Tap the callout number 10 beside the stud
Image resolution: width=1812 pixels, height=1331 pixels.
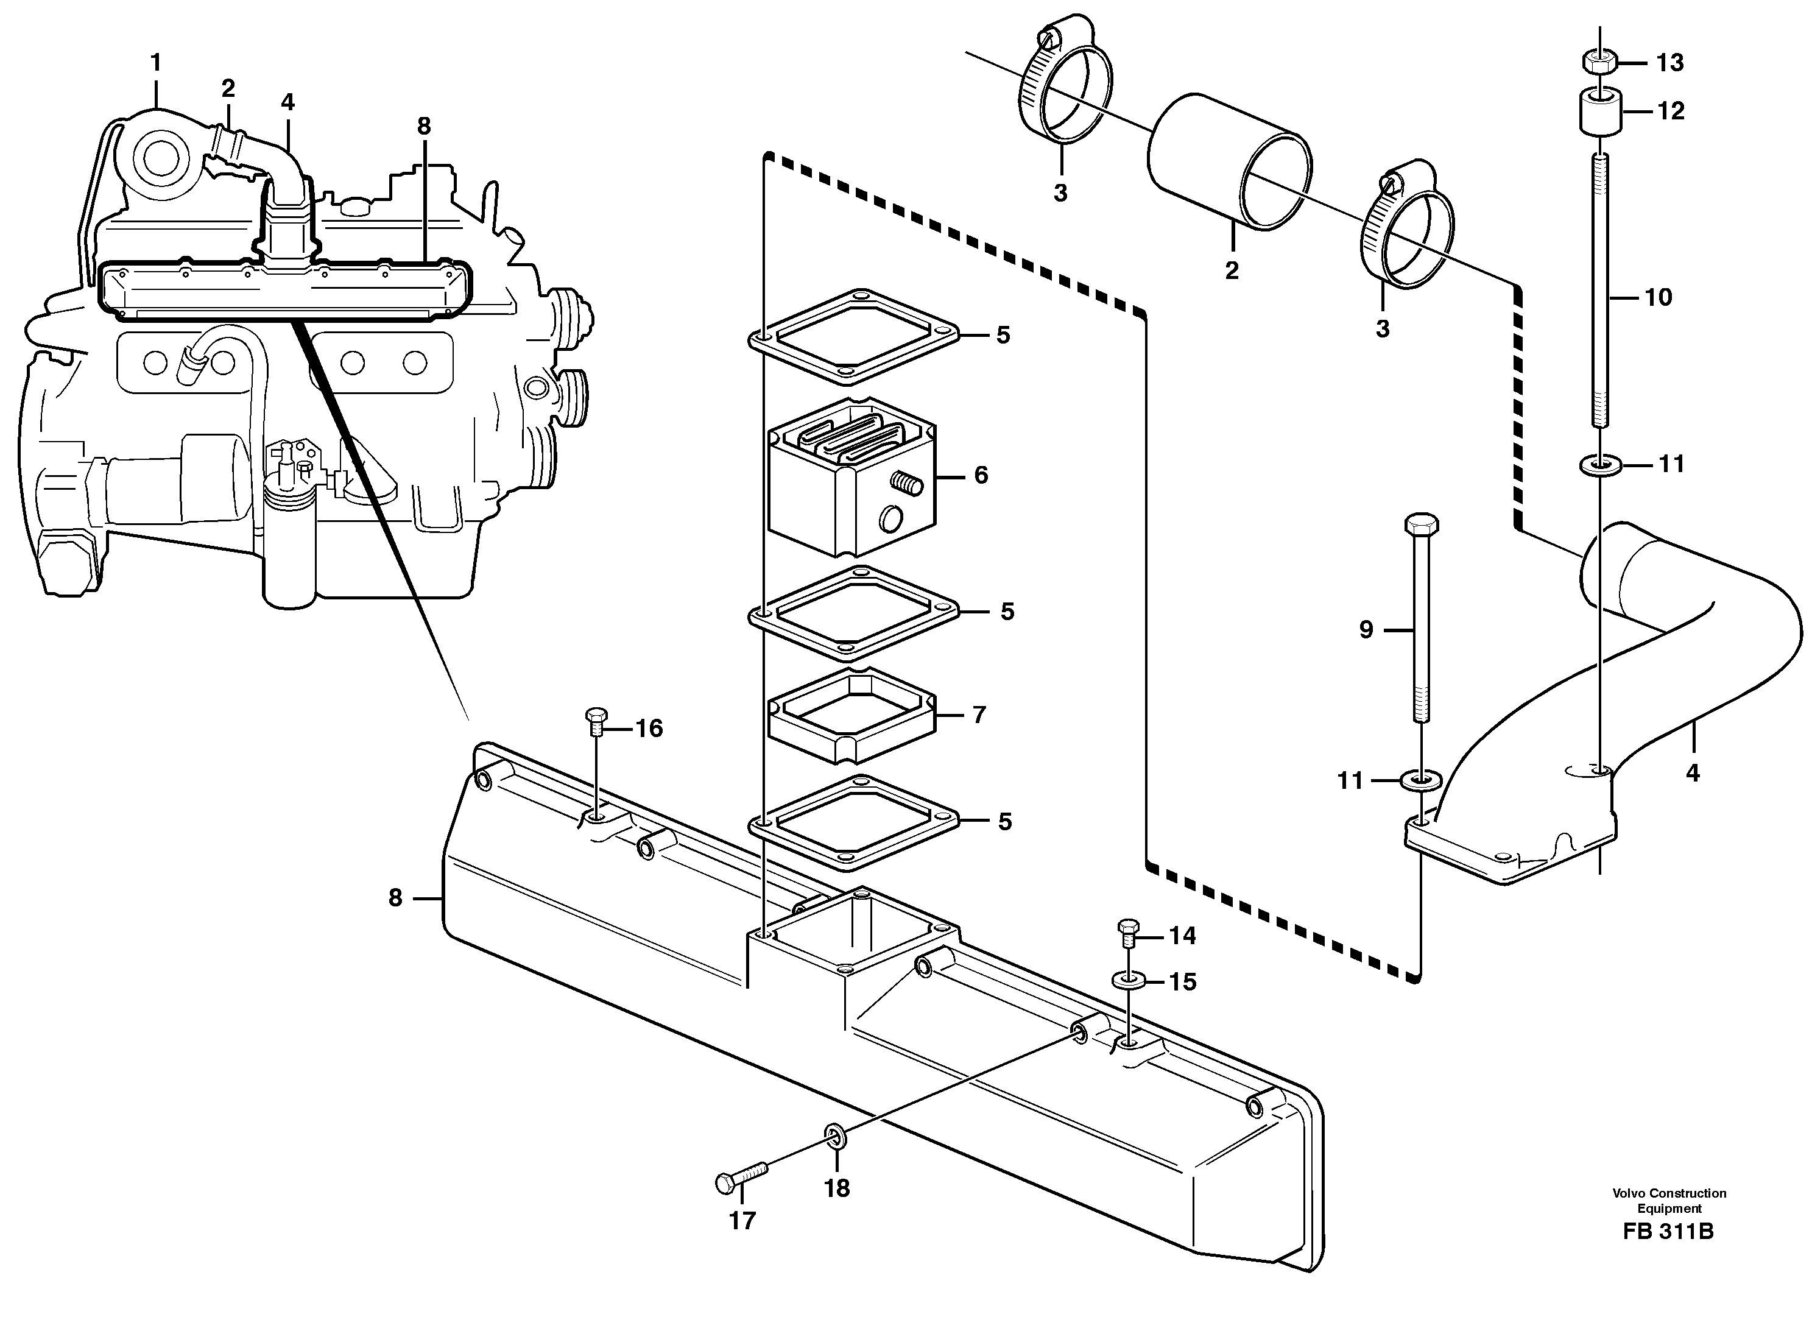[1658, 297]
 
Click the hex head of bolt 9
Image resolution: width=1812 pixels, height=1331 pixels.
[1420, 524]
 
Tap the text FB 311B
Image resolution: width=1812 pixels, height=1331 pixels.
[1669, 1232]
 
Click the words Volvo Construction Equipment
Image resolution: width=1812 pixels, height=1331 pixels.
[1669, 1201]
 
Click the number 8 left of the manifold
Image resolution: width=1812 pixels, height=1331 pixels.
[395, 897]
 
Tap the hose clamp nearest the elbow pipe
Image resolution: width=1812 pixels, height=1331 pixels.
[1408, 230]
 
